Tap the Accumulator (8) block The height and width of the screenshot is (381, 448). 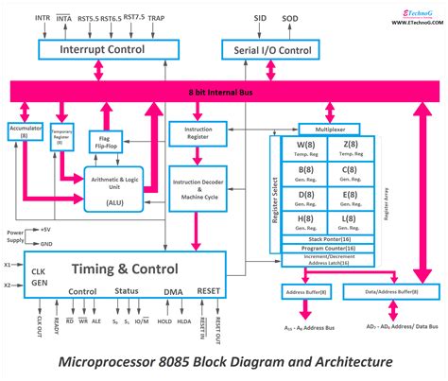26,130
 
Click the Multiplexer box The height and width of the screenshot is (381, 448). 327,129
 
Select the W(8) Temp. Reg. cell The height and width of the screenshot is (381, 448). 306,149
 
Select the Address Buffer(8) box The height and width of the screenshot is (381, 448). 305,293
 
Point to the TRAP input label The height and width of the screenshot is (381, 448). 156,18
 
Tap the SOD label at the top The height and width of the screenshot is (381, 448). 290,18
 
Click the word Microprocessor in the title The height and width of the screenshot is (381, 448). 107,362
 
